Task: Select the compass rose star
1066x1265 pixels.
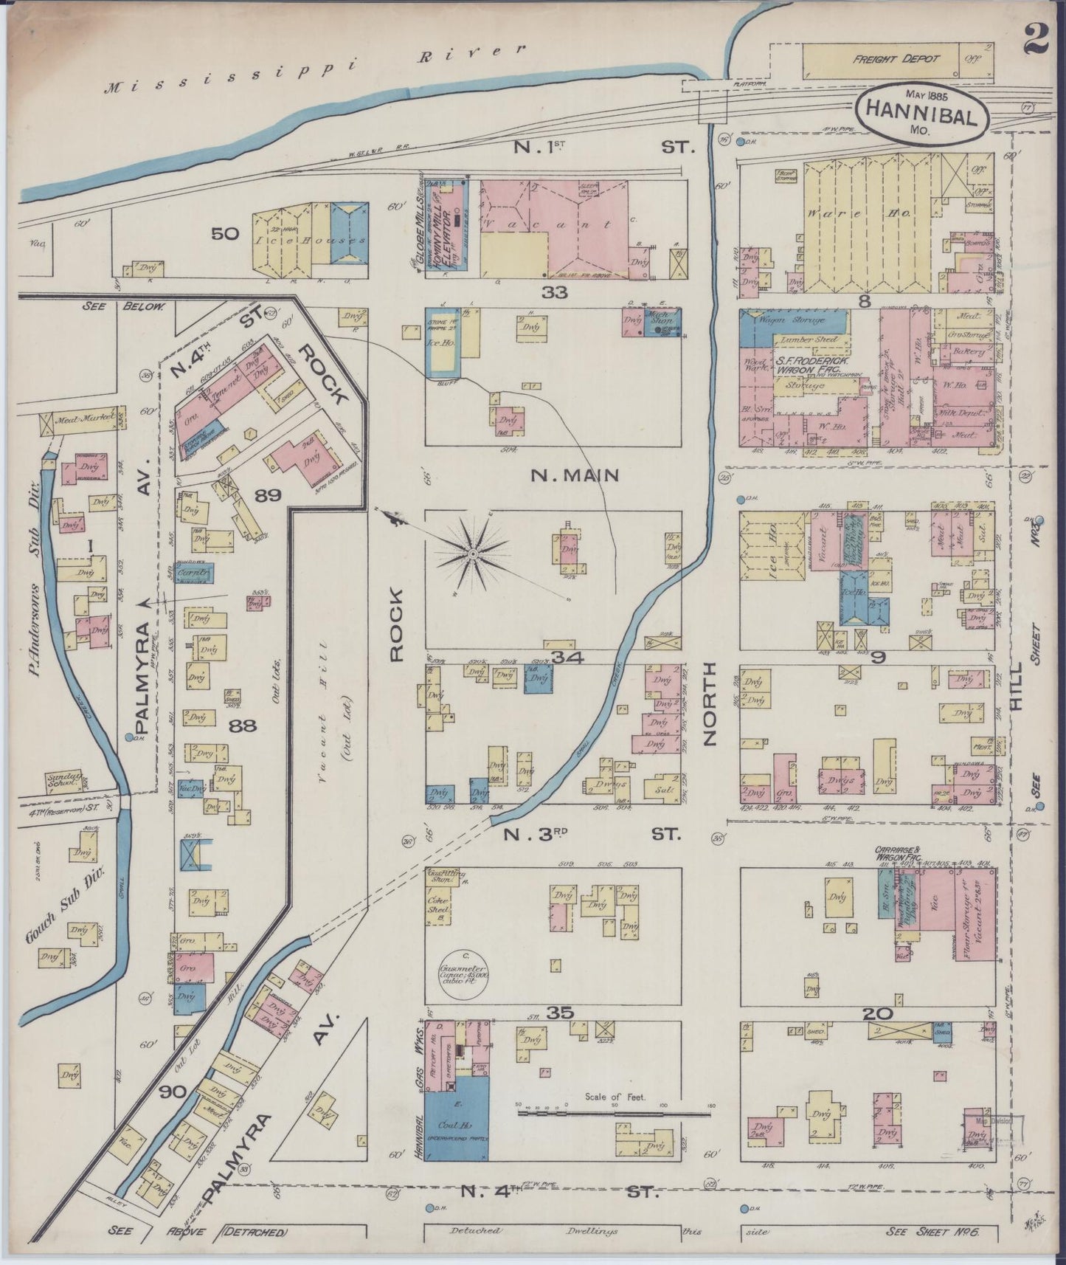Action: pos(473,553)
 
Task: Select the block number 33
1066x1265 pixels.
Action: pos(555,292)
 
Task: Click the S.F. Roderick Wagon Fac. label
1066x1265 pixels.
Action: pos(809,367)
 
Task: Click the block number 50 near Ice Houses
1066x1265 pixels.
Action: pos(225,235)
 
